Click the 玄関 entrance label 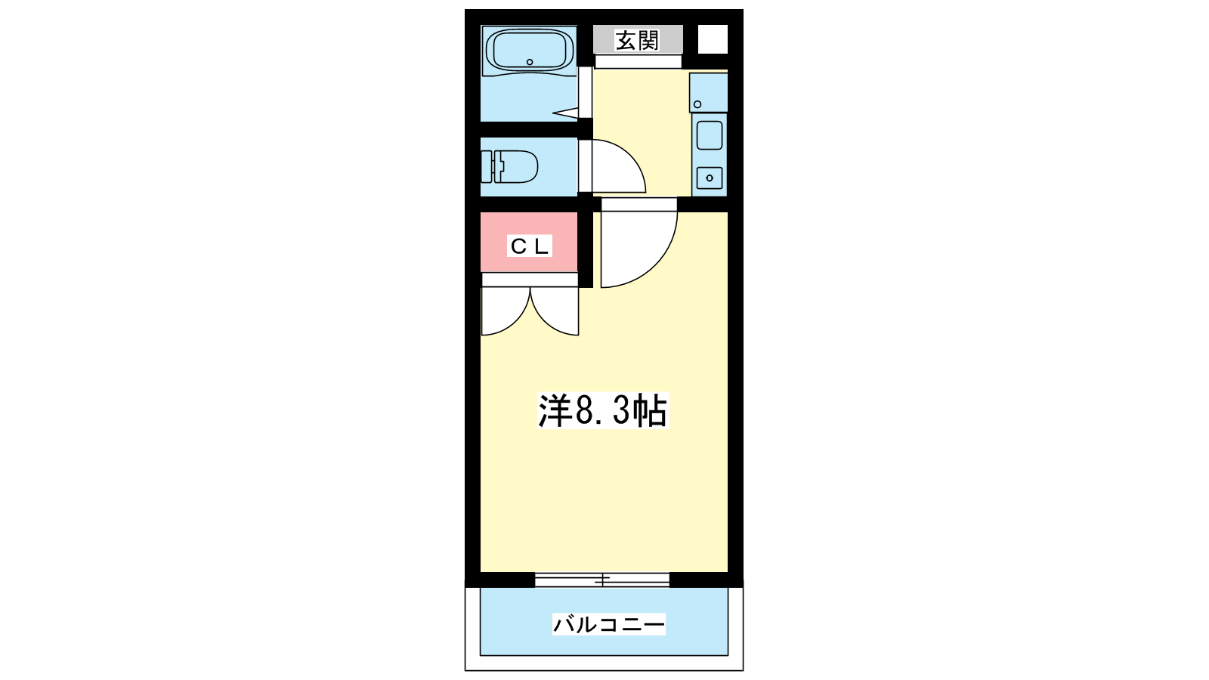[638, 41]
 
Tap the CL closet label [530, 246]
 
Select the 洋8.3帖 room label [603, 411]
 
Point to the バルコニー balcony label [608, 624]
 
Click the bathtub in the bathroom [530, 50]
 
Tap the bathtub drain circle [530, 62]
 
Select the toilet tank [487, 167]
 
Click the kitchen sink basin [710, 135]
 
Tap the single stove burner [710, 178]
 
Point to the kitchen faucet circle [697, 104]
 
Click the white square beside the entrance [713, 39]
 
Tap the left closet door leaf [506, 311]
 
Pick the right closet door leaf [555, 311]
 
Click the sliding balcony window [601, 580]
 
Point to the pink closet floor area [529, 242]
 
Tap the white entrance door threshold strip [638, 61]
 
